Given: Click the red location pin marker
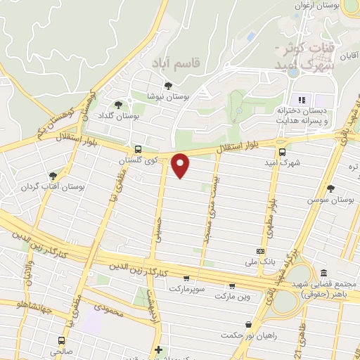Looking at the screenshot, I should (181, 165).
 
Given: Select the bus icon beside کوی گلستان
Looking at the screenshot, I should (137, 149).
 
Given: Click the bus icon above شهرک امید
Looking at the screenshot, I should (282, 151).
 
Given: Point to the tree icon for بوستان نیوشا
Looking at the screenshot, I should (167, 86).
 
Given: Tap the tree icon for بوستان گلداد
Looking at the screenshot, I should (117, 105).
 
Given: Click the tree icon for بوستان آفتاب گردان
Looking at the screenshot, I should (52, 176).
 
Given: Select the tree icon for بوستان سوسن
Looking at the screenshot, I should (331, 188).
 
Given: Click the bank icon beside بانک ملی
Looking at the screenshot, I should (261, 251).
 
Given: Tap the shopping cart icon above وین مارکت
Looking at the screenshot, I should (231, 285).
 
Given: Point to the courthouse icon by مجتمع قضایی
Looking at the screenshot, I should (323, 273).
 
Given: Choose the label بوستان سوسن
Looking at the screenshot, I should (333, 200).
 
